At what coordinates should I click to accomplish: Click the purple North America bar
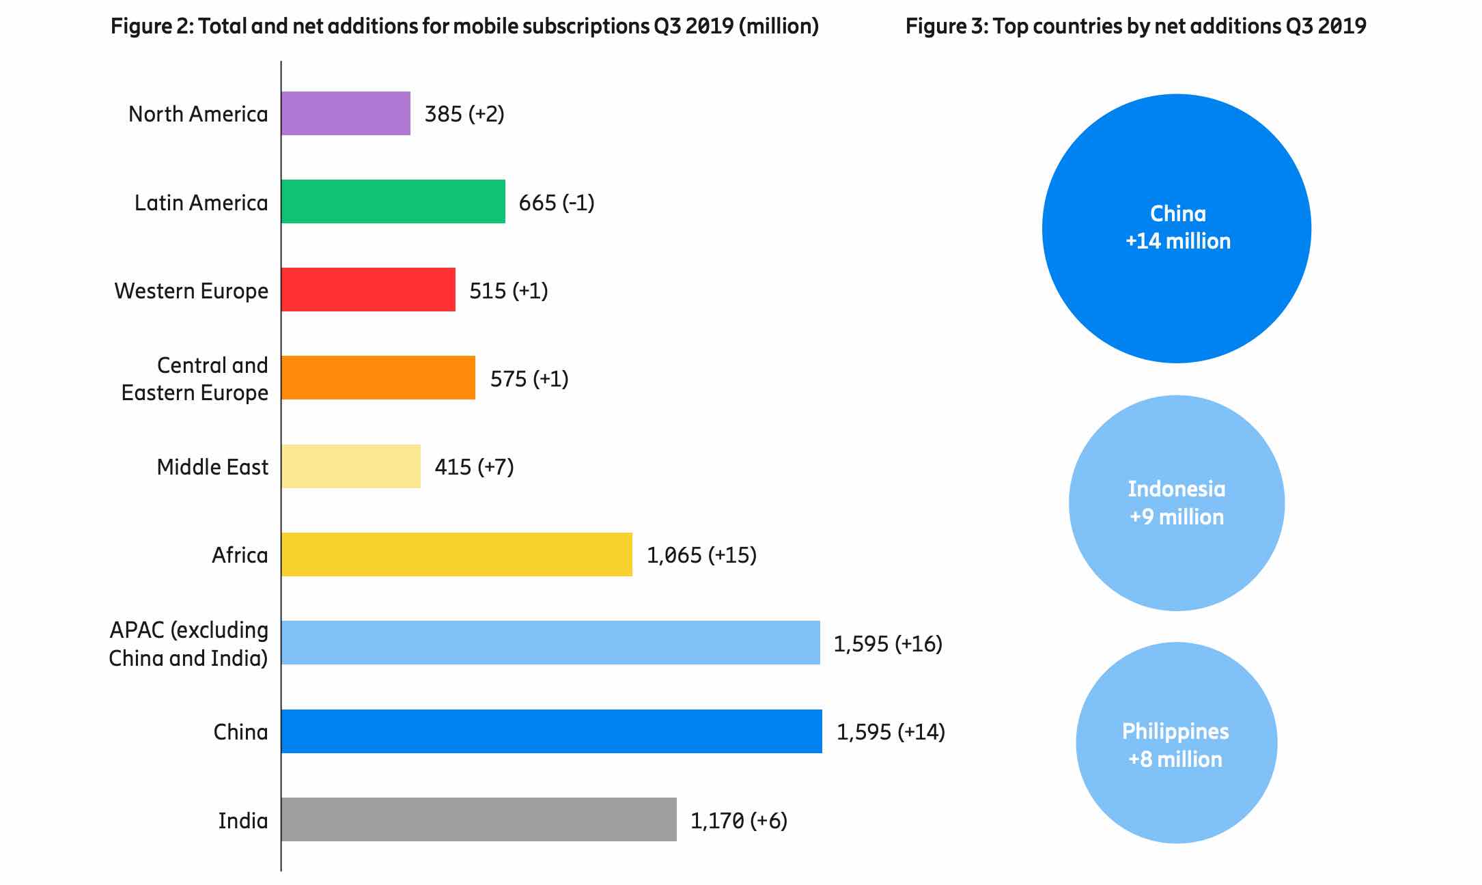pos(346,113)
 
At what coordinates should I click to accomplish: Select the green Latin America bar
pos(393,201)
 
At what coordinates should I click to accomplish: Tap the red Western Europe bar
pos(368,290)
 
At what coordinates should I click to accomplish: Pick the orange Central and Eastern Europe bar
pos(378,378)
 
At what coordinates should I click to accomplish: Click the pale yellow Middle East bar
pos(351,466)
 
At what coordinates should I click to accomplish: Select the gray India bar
pos(479,819)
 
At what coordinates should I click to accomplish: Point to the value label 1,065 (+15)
pos(701,555)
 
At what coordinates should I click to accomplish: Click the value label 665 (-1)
pos(557,203)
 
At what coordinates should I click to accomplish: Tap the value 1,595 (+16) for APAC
pos(888,644)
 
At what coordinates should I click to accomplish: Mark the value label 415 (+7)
pos(474,467)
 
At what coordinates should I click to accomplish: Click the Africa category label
pos(240,555)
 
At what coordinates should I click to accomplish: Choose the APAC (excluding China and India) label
pos(188,644)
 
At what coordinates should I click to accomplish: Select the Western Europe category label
pos(191,291)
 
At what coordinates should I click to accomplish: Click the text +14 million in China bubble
pos(1178,241)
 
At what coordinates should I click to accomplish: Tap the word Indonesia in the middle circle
pos(1176,489)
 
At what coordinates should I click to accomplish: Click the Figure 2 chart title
pos(464,26)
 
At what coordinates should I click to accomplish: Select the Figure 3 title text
pos(1135,26)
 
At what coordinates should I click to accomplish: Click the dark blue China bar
pos(551,731)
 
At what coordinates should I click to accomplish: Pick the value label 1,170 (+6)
pos(739,820)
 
